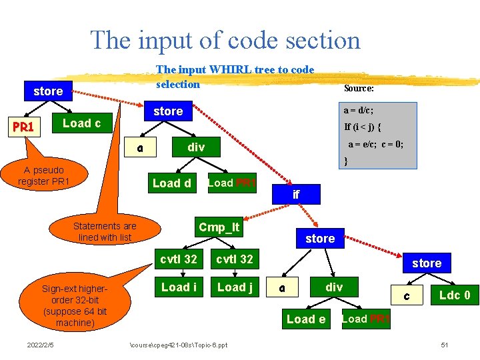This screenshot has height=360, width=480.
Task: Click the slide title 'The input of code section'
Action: pyautogui.click(x=225, y=41)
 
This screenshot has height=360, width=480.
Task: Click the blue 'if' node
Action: pyautogui.click(x=296, y=195)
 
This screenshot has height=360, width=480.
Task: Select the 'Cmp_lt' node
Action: pyautogui.click(x=219, y=227)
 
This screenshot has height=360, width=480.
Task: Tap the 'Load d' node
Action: pyautogui.click(x=171, y=183)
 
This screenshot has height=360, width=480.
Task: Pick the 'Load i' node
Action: pyautogui.click(x=179, y=287)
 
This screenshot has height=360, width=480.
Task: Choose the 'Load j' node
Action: pyautogui.click(x=235, y=287)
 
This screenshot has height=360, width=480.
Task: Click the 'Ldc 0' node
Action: pyautogui.click(x=454, y=295)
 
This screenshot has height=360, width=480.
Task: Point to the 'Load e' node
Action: pyautogui.click(x=306, y=319)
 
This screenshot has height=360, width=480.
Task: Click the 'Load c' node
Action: pyautogui.click(x=81, y=123)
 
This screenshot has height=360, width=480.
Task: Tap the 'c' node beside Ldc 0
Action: pyautogui.click(x=407, y=295)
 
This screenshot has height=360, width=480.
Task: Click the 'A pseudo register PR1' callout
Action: pyautogui.click(x=44, y=175)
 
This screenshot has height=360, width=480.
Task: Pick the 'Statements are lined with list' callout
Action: pyautogui.click(x=105, y=231)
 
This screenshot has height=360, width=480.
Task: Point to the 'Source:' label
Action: pyautogui.click(x=359, y=88)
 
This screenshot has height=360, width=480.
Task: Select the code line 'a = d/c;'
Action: pyautogui.click(x=358, y=110)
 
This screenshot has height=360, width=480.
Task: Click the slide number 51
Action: pyautogui.click(x=445, y=345)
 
